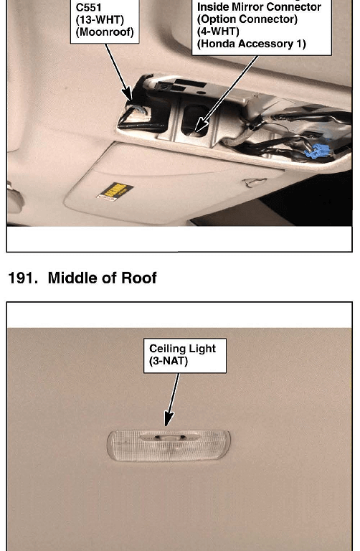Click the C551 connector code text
coord(88,6)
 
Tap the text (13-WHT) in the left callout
coord(100,19)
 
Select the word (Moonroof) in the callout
coord(105,32)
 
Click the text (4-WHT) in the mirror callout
coord(218,32)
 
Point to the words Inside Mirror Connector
coord(259,7)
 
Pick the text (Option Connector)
coord(247,19)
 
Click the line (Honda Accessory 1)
coord(252,44)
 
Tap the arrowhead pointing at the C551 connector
coord(128,94)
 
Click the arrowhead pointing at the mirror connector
coord(200,125)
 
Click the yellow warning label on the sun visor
coord(115,192)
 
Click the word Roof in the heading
coord(138,278)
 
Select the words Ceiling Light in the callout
coord(182,349)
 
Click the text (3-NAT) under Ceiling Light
coord(169,361)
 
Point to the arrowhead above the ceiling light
coord(169,419)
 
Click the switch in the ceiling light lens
coord(169,438)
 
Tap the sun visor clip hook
coord(254,183)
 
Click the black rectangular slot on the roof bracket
coord(189,84)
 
